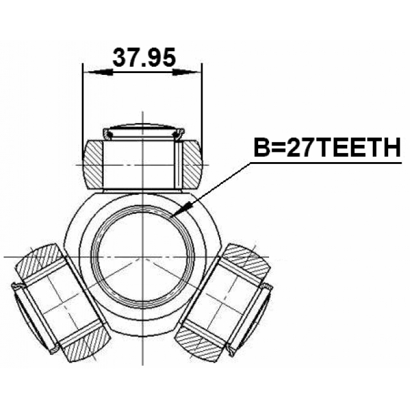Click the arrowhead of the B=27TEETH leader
coord(184,209)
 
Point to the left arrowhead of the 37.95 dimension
coord(90,71)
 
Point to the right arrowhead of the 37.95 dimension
coord(195,71)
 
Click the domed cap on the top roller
coord(143,127)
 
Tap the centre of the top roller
coord(143,163)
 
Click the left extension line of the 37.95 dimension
coord(84,102)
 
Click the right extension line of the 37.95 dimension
coord(202,102)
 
